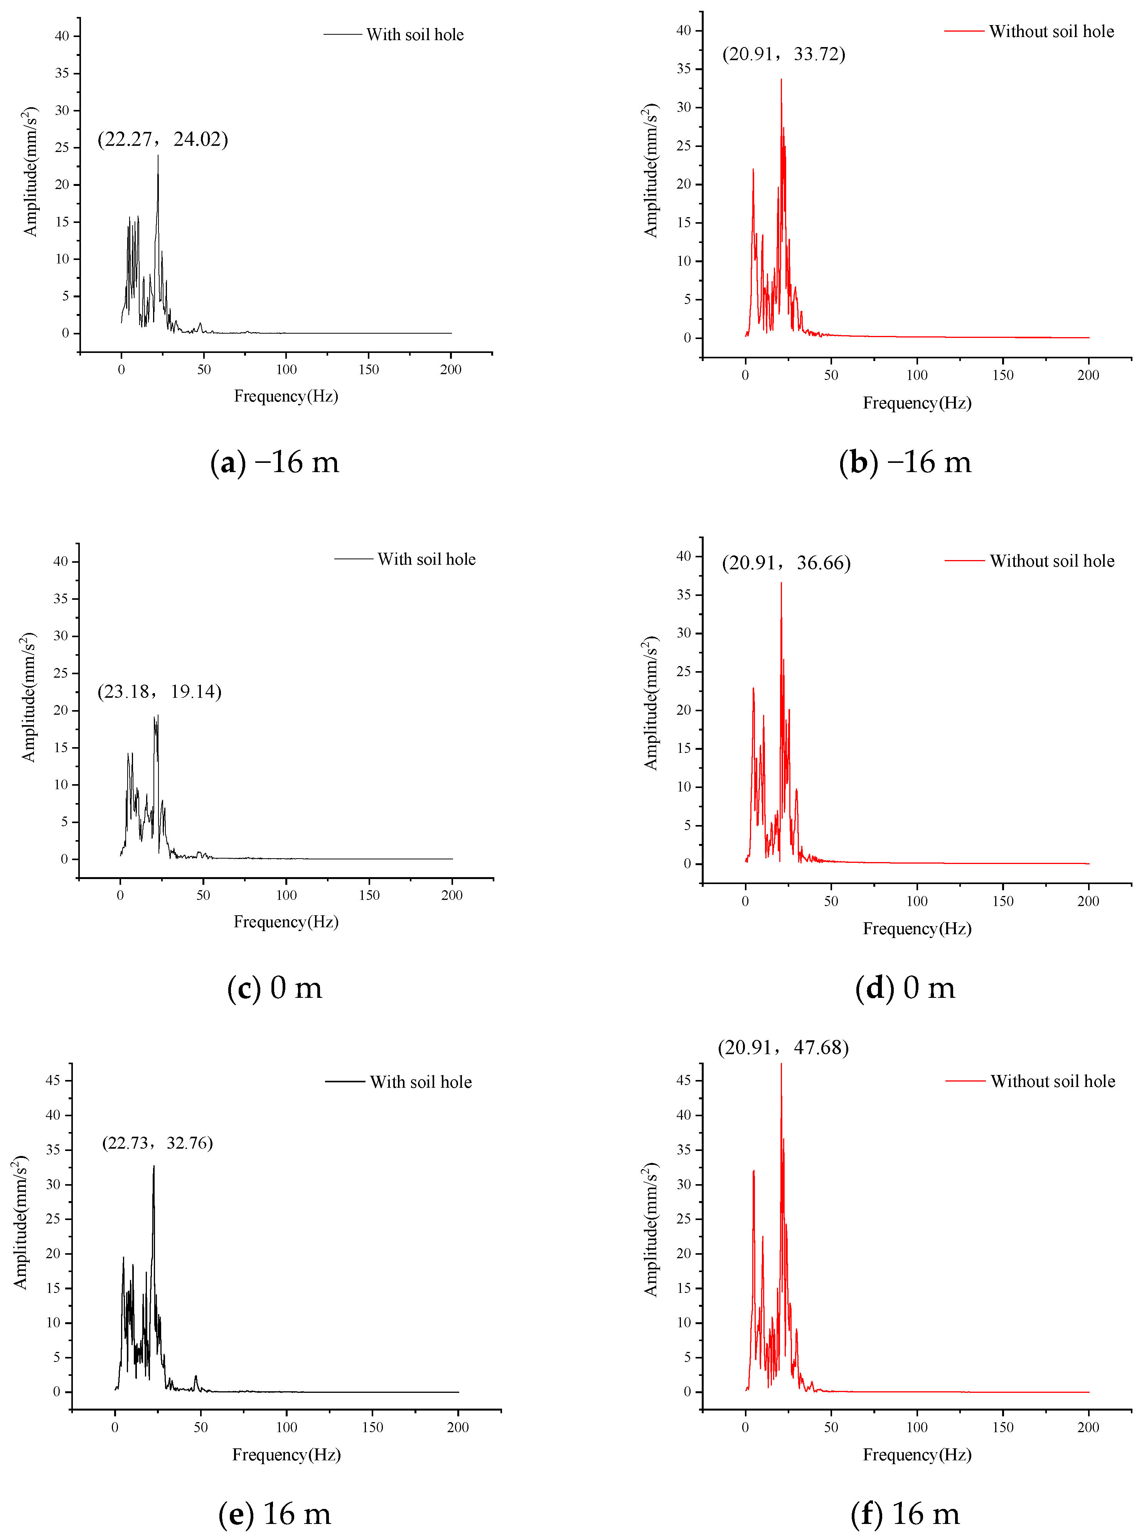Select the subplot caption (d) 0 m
tap(905, 988)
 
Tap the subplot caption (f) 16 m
tap(905, 1514)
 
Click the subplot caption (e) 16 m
tap(275, 1514)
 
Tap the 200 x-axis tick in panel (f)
tap(1088, 1427)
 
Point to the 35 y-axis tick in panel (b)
tap(684, 69)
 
